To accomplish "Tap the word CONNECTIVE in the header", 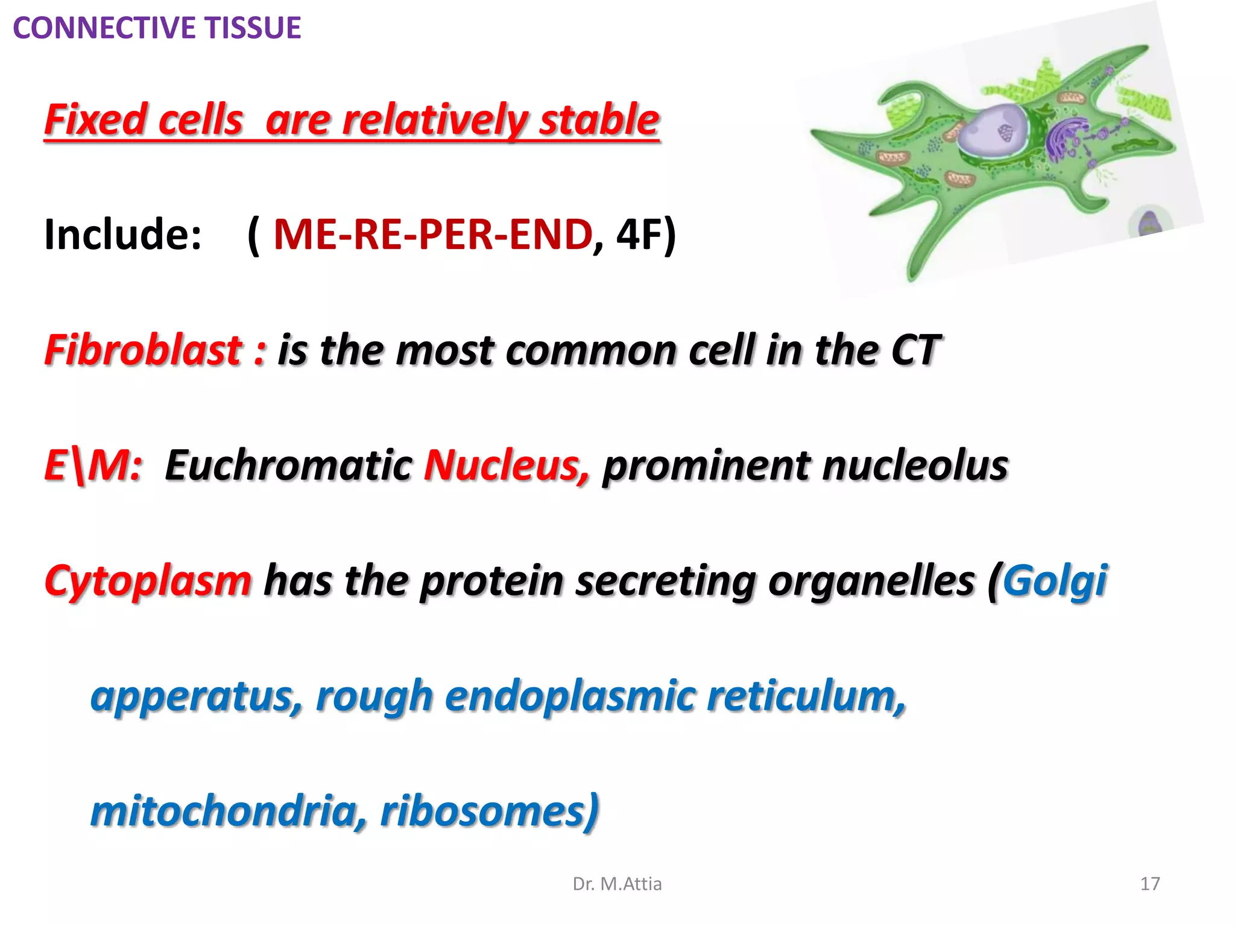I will click(104, 28).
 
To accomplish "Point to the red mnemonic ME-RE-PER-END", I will click(432, 234).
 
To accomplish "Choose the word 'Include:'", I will click(123, 234).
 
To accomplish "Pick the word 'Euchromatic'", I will click(288, 465).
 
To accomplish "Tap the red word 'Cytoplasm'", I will click(148, 581).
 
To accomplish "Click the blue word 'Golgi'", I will click(1055, 581).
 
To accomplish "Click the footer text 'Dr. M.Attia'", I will click(617, 884).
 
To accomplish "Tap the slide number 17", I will click(1150, 884).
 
